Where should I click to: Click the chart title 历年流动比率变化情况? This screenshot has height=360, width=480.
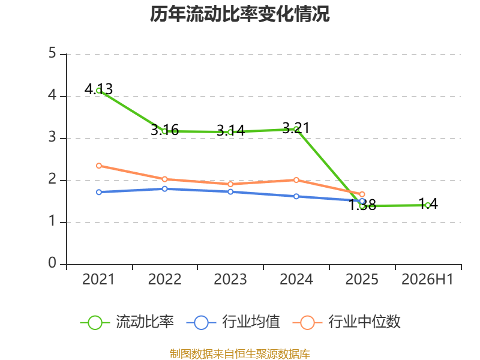(x=239, y=14)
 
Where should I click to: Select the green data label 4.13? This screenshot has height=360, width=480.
(x=98, y=89)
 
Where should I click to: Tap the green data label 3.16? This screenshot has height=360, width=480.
(x=164, y=130)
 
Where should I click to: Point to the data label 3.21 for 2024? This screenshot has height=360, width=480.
(x=296, y=128)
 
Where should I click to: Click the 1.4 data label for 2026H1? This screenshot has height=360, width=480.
(x=428, y=204)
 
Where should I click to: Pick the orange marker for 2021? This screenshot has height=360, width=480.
(x=99, y=166)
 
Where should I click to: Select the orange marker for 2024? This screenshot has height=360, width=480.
(x=296, y=179)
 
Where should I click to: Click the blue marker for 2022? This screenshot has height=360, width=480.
(x=164, y=188)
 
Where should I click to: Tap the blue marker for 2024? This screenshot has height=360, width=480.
(x=296, y=196)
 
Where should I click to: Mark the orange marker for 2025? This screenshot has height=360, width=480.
(x=362, y=194)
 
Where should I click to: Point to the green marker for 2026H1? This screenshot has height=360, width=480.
(x=428, y=205)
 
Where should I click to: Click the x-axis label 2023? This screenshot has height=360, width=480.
(x=230, y=279)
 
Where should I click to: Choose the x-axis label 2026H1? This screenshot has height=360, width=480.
(x=427, y=279)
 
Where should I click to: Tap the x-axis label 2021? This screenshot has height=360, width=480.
(x=98, y=279)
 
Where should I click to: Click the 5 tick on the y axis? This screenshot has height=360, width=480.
(x=52, y=53)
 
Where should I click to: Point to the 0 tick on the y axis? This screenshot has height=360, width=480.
(x=52, y=263)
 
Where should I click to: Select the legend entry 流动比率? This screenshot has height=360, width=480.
(x=127, y=322)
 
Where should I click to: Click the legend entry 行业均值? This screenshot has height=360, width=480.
(x=233, y=322)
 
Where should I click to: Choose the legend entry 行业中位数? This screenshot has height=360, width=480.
(x=347, y=322)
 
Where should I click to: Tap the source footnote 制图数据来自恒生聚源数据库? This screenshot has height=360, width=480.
(x=240, y=354)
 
